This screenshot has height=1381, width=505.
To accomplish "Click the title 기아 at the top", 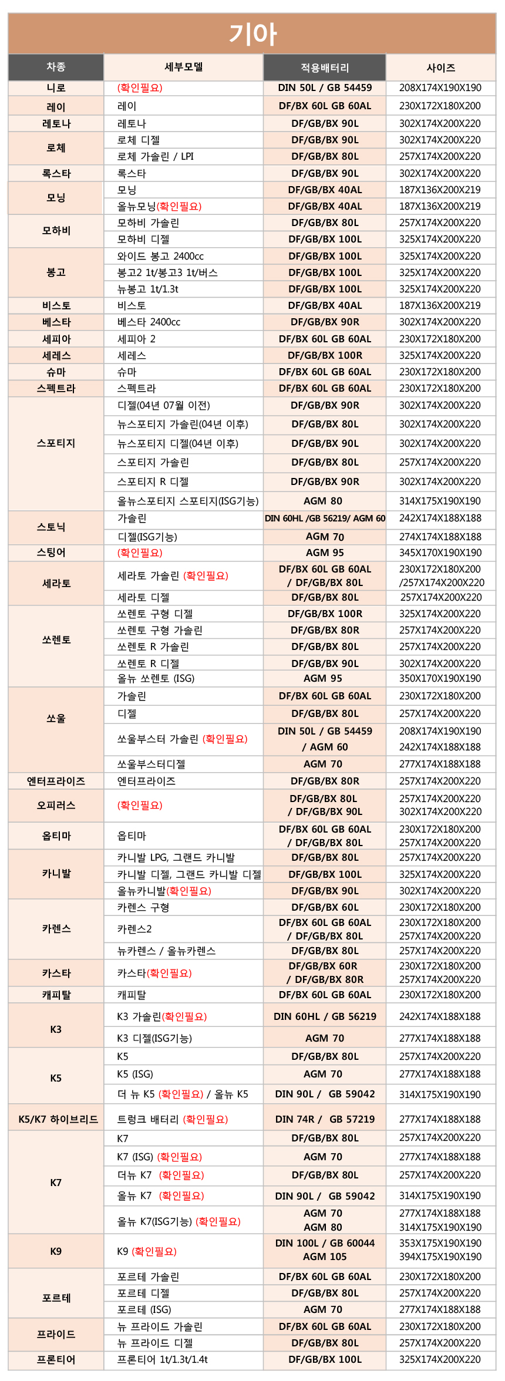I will coord(253,34).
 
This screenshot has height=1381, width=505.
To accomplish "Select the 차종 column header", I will coord(56,67).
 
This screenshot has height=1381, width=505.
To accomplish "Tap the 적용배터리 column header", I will coord(325,68).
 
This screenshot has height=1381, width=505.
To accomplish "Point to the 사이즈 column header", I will coord(440,68).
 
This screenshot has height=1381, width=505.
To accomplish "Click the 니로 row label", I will coord(56,88).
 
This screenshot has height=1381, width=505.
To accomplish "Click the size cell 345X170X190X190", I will coord(440,553).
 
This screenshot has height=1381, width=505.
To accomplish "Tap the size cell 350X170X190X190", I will coord(440,678).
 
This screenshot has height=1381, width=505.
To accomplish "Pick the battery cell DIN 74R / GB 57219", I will coord(325,1119).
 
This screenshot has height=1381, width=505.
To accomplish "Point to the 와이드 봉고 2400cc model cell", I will coord(160,256).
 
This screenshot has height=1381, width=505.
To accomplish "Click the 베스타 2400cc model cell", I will coord(149,322).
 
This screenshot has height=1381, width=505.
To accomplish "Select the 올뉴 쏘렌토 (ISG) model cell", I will coord(156,678).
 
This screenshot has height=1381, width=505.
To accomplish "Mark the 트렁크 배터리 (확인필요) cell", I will coord(172,1119).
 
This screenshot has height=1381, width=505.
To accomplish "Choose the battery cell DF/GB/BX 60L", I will coord(325,907).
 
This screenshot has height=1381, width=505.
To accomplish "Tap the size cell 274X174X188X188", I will coord(440,537).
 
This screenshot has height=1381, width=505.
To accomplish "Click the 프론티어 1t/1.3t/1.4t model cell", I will coord(162,1359).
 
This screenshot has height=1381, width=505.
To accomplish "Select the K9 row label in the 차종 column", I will coord(56,1251).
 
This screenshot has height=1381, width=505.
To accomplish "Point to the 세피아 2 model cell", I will coord(136,339).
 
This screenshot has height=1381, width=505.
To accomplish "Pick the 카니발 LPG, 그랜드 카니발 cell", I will coord(176,857).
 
